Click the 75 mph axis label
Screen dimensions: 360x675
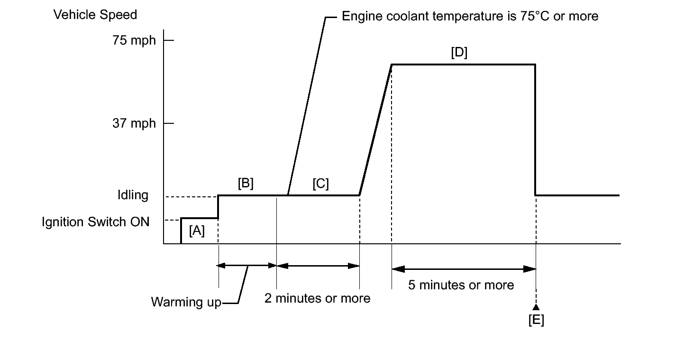point(134,40)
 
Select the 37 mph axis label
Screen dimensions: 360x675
point(134,123)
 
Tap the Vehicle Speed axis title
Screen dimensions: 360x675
point(95,15)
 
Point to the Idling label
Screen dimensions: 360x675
point(133,195)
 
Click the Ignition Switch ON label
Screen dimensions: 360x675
point(95,222)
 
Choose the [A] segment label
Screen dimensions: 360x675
point(197,231)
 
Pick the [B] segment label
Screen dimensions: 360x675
point(246,184)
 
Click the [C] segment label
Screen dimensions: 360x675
point(320,184)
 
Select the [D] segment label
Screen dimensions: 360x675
point(459,53)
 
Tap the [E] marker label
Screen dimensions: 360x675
point(536,320)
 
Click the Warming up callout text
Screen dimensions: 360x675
point(186,302)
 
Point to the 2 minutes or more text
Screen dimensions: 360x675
point(317,298)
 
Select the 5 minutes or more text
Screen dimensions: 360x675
point(461,285)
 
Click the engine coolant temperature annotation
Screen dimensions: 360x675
point(470,17)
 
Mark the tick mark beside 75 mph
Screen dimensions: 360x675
point(169,40)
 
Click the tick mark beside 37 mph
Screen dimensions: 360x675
point(169,123)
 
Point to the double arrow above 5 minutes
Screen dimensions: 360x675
point(464,269)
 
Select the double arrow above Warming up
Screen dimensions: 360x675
point(247,266)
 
